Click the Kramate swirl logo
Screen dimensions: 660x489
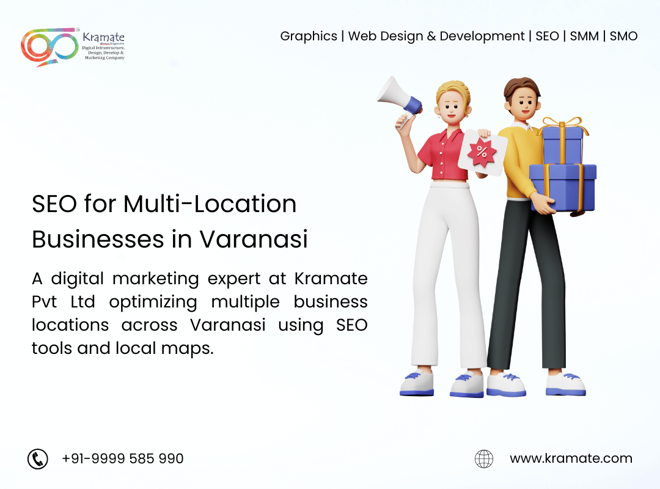50,47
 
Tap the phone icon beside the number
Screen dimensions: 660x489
38,458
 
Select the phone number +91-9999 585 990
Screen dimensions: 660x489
122,458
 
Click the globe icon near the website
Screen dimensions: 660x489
484,458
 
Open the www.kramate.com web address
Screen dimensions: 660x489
571,458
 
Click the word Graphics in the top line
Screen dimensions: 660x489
309,37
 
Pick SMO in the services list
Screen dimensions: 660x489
623,36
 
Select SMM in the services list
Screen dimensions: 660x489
584,36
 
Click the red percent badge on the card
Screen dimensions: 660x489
482,152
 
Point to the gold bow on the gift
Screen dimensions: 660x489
562,123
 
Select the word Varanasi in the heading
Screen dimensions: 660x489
254,239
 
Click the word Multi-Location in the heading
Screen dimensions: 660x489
210,204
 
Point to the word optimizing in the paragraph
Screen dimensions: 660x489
153,303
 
